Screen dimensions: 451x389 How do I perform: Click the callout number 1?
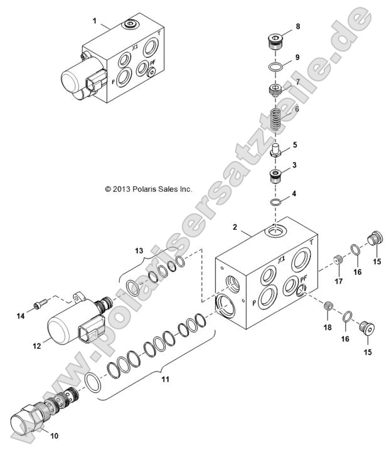(95, 21)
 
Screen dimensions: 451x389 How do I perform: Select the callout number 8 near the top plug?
(297, 26)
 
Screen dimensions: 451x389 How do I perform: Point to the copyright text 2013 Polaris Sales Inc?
(148, 188)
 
